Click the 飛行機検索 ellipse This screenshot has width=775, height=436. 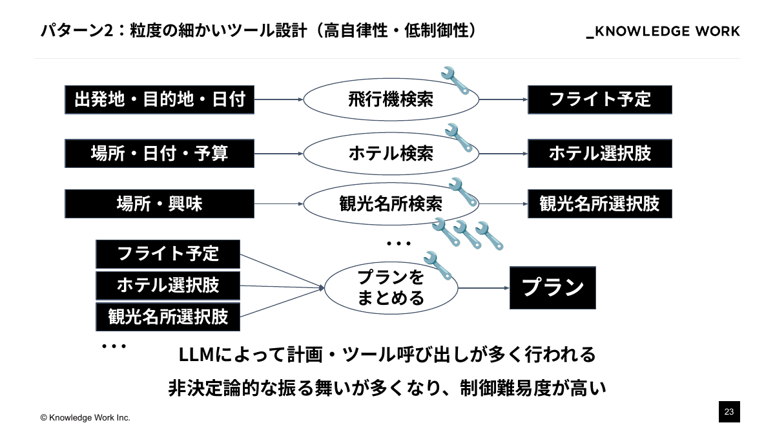(x=391, y=99)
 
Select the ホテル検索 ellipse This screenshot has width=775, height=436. (x=391, y=153)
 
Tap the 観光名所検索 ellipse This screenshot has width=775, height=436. (x=391, y=203)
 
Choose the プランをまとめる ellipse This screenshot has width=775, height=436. (x=391, y=287)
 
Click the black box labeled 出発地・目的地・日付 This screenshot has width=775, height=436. (x=160, y=99)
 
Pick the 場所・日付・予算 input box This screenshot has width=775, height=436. (x=160, y=153)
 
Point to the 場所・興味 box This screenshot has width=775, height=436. (x=160, y=203)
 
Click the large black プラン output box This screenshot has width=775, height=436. (x=553, y=287)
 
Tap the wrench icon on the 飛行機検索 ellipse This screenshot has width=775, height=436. (x=455, y=80)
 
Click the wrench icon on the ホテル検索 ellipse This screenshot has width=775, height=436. (x=460, y=138)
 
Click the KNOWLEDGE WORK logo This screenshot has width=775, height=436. (x=663, y=32)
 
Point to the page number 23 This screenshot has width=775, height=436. (x=729, y=411)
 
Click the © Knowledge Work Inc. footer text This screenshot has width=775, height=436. (x=85, y=418)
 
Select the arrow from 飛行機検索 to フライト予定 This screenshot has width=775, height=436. (x=503, y=99)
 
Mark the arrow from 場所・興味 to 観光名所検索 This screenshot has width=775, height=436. (x=278, y=203)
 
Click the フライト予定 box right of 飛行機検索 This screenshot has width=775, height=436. (x=600, y=99)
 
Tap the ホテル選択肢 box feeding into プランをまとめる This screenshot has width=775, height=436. (x=168, y=285)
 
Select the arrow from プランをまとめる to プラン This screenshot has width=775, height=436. (x=483, y=287)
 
